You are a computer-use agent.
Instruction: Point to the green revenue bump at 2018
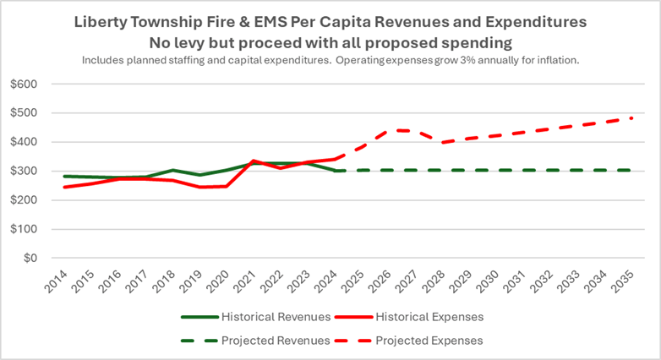(173, 170)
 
